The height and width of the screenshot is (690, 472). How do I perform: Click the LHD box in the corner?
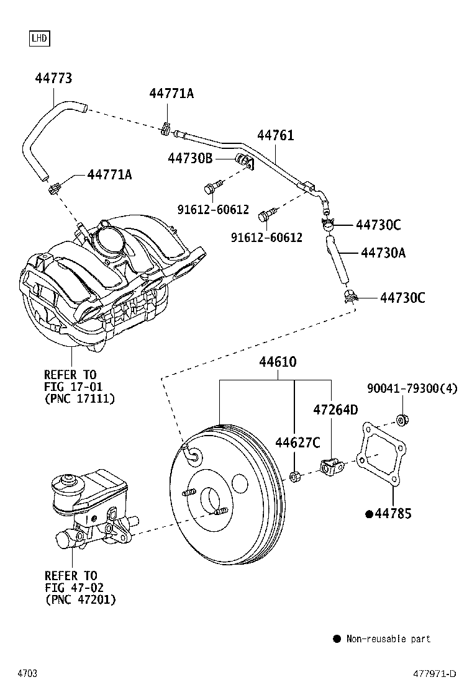click(x=39, y=38)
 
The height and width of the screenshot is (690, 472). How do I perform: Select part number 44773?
click(x=53, y=78)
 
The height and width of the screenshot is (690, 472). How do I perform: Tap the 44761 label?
click(x=276, y=135)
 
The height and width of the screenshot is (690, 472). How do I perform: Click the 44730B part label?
click(x=190, y=158)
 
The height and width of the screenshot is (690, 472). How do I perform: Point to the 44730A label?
click(x=383, y=253)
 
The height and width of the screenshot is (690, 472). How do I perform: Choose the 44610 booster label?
click(x=278, y=362)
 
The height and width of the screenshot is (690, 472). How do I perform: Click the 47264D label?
click(x=335, y=410)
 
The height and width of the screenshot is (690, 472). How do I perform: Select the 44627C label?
click(x=297, y=442)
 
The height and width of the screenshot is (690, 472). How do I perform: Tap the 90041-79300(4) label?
click(x=412, y=388)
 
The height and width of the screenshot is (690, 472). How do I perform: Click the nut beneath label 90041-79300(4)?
click(x=401, y=420)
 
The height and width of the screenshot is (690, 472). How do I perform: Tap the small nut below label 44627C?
click(x=294, y=477)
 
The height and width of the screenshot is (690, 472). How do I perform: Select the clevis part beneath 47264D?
click(x=330, y=467)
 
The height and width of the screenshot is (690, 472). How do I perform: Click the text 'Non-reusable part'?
click(x=388, y=639)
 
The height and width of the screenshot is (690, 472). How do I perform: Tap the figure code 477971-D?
click(x=435, y=674)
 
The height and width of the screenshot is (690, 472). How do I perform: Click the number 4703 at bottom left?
click(x=27, y=674)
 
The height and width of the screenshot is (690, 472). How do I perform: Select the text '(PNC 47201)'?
click(x=81, y=599)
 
